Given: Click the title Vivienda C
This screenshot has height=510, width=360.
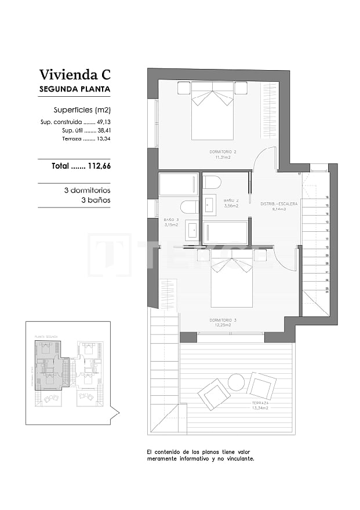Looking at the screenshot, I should point(74,75).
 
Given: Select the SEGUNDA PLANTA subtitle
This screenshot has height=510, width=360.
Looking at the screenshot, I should point(74,90).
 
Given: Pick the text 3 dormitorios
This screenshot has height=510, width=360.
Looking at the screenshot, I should point(87,190).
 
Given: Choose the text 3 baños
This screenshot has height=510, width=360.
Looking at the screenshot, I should point(96,200).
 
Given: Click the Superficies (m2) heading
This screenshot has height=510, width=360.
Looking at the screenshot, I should point(82,110).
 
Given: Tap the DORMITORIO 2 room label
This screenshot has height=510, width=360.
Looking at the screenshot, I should point(223,152).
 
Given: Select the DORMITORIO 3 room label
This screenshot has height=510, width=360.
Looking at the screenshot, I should point(223,320).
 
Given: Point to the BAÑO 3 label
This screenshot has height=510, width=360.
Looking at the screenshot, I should point(171,220).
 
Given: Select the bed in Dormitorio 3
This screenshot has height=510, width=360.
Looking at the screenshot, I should point(231,281).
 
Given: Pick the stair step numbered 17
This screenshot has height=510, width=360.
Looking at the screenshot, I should point(299,173).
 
